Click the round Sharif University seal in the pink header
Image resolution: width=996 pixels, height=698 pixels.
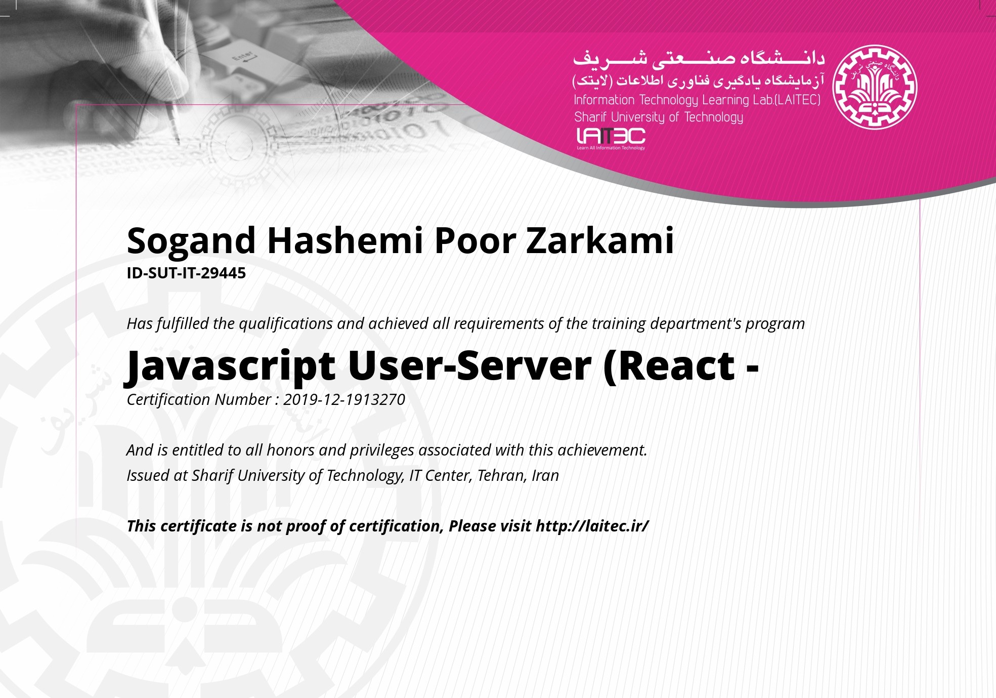[875, 87]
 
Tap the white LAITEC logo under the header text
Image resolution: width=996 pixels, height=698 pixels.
[611, 138]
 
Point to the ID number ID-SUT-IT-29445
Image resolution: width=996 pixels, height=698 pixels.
[186, 273]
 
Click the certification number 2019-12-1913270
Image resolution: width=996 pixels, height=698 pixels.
[344, 399]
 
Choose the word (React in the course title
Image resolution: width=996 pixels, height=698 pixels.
[669, 366]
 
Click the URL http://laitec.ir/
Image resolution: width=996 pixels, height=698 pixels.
[592, 526]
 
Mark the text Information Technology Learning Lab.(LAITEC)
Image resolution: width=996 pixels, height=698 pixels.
[697, 100]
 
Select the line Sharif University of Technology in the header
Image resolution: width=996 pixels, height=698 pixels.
[659, 117]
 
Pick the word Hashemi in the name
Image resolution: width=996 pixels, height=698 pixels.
[345, 240]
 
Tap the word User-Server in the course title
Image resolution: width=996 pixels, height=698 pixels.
[469, 366]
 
